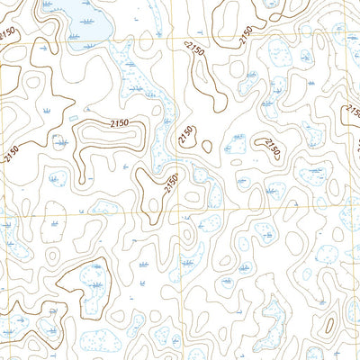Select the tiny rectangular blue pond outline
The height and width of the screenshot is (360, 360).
72,116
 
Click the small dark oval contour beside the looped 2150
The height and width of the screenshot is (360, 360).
207,146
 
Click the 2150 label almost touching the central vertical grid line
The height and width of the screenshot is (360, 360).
171,185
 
